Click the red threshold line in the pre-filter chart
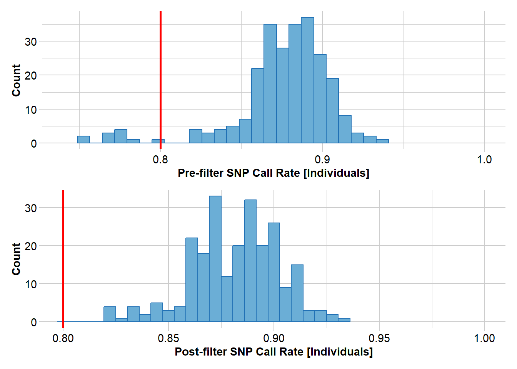(160, 77)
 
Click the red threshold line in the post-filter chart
(63, 254)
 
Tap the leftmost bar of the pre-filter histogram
(83, 140)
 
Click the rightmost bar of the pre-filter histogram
(382, 141)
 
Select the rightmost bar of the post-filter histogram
(344, 320)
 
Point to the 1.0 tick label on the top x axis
(484, 160)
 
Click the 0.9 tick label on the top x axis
(322, 160)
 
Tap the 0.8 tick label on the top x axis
(160, 160)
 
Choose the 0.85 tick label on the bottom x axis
(168, 338)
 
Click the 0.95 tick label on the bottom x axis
(379, 338)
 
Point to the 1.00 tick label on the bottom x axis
(484, 338)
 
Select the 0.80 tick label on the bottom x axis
(63, 338)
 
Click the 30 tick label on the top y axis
(31, 42)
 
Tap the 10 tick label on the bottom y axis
(31, 284)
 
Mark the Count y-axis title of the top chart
(16, 80)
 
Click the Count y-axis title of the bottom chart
(16, 259)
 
